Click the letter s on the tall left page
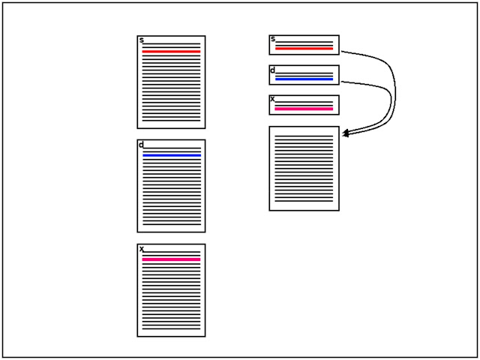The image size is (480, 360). (142, 40)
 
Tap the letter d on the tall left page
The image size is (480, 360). (141, 145)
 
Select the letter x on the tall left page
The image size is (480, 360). (142, 249)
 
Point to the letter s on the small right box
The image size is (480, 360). (273, 39)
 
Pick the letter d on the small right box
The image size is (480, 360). (273, 70)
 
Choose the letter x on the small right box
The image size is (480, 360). (273, 99)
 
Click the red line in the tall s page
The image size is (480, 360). (171, 52)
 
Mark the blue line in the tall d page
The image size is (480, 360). (171, 155)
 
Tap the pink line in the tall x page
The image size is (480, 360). (171, 259)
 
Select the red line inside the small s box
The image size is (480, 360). (304, 48)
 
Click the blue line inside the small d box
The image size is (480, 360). (304, 79)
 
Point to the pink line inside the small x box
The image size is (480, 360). (304, 109)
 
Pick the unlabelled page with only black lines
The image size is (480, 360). (304, 168)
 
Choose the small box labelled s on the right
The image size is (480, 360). (304, 44)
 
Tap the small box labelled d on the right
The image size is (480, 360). (304, 74)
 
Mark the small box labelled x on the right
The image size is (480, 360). (304, 104)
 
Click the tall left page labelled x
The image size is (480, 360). (171, 292)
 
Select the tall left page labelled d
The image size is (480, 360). (171, 187)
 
